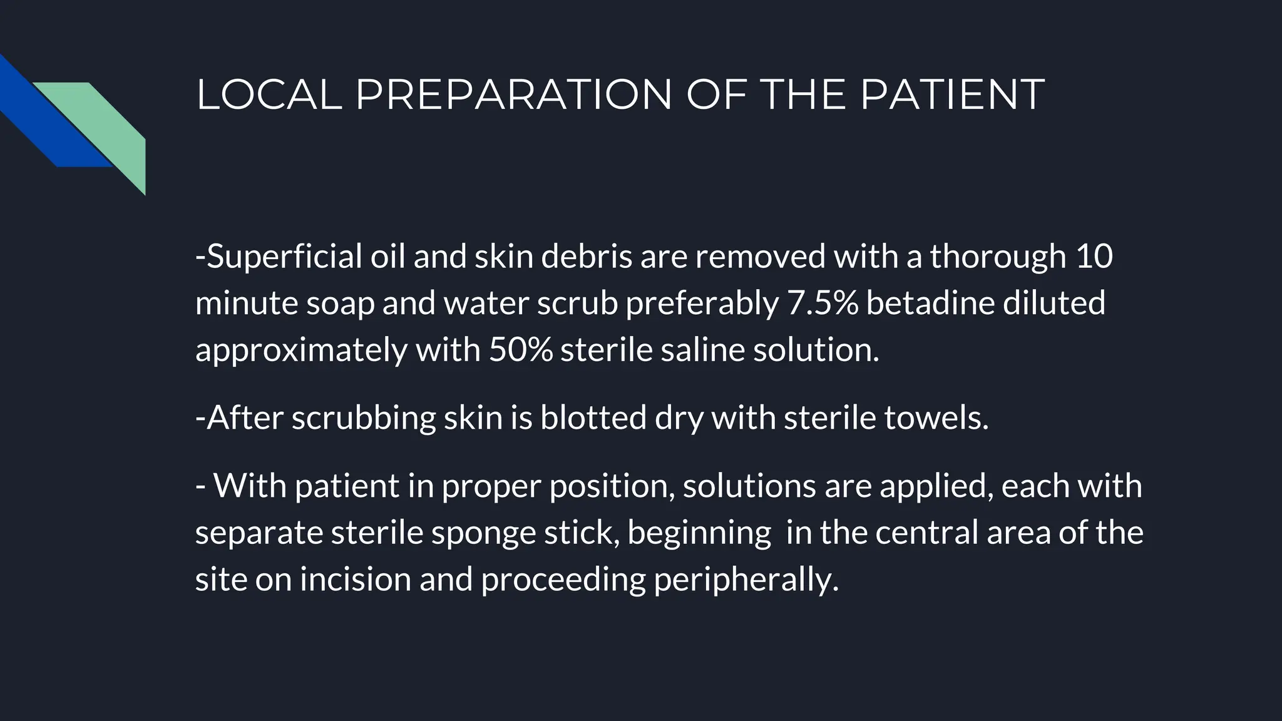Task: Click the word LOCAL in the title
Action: [269, 95]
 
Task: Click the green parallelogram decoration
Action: [106, 125]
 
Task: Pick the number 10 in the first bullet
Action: [1094, 257]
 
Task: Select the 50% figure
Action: [520, 349]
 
